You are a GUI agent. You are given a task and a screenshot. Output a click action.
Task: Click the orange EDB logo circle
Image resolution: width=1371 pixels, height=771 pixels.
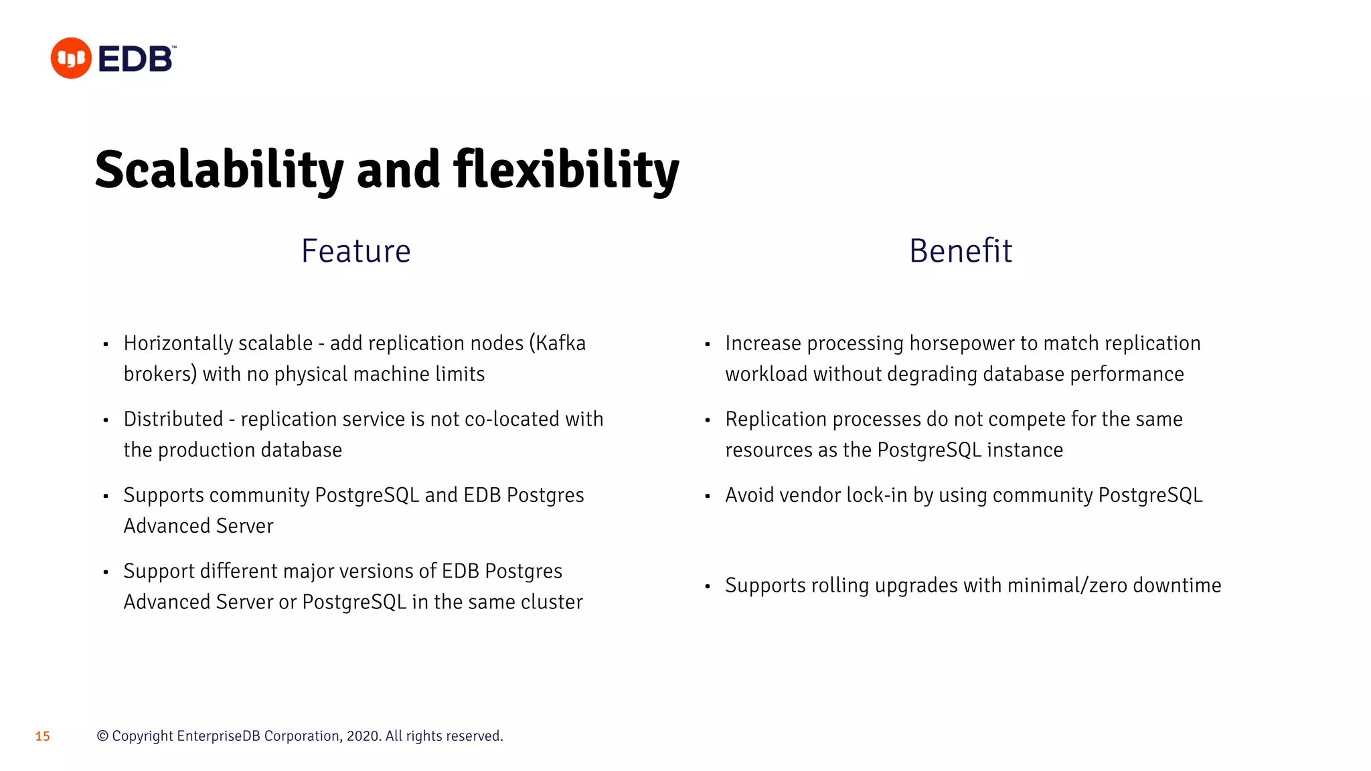tap(71, 58)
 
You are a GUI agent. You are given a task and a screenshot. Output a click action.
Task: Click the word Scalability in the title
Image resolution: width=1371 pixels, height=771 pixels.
tap(218, 170)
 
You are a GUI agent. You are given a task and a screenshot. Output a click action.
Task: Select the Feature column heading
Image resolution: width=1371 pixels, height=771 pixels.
tap(355, 252)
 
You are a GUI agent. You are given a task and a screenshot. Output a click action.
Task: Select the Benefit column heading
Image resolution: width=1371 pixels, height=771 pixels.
tap(960, 252)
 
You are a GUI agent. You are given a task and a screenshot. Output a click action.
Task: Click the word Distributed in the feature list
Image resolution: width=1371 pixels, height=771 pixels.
tap(173, 420)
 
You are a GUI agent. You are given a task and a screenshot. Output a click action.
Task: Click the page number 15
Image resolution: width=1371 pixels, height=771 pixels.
tap(42, 737)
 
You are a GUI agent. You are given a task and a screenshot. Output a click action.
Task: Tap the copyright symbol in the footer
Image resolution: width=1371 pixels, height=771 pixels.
tap(102, 736)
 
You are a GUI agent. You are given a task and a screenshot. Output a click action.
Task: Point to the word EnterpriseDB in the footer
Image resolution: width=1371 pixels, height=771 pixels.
tap(218, 736)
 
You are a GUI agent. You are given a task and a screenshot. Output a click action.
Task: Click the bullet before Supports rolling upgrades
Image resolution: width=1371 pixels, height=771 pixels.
tap(707, 587)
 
